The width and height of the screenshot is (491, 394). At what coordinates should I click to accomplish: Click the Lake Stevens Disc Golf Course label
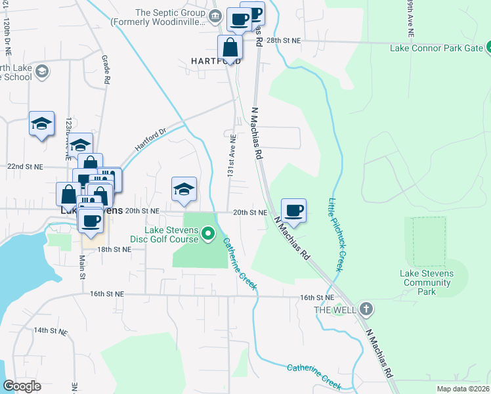click(172, 234)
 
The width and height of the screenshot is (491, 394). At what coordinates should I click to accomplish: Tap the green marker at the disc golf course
click(208, 233)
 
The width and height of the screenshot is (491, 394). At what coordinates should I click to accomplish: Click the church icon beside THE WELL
click(366, 309)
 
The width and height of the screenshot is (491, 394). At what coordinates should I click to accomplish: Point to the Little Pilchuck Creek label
click(336, 234)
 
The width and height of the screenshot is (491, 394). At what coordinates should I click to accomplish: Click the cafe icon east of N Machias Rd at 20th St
click(294, 211)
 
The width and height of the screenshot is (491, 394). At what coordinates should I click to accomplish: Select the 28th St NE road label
click(283, 40)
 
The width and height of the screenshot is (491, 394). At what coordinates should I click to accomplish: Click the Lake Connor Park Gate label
click(436, 48)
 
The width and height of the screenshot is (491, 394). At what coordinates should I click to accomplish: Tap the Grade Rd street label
click(105, 68)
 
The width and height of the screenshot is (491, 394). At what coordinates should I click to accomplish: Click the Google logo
click(22, 386)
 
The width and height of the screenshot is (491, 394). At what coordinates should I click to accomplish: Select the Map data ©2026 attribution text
click(463, 389)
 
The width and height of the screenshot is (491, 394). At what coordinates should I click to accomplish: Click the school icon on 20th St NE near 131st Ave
click(184, 189)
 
